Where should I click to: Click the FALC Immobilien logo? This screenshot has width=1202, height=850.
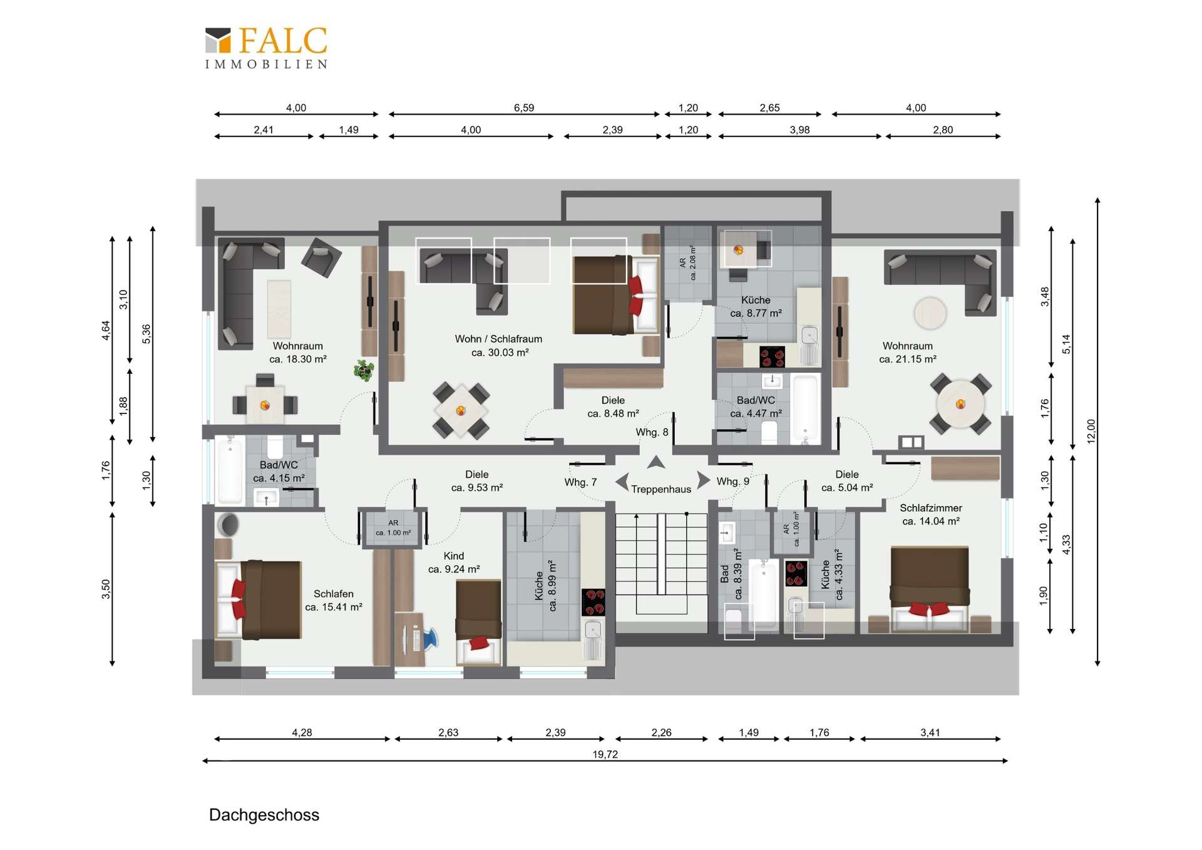point(266,48)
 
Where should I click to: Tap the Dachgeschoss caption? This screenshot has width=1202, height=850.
point(264,815)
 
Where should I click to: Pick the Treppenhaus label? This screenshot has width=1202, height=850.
point(661,489)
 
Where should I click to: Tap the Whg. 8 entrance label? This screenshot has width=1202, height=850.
point(652,432)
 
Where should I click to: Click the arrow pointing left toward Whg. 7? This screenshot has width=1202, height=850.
point(622,482)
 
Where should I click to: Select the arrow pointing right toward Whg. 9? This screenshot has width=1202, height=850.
point(704,480)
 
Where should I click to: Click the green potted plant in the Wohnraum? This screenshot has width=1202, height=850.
point(363,370)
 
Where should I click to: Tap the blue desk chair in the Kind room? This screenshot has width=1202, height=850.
point(430,638)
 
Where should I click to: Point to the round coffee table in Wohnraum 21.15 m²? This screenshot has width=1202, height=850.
point(930,313)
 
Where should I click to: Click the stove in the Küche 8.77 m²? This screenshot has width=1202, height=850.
point(772,356)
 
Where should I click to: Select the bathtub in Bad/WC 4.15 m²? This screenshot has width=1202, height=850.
point(229,470)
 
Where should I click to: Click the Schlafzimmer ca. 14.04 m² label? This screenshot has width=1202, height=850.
point(930,514)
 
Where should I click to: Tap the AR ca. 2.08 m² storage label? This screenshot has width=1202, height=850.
point(687,262)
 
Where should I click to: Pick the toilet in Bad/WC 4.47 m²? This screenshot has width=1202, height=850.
point(769,433)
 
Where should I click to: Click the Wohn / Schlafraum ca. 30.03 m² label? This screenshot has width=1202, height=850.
point(499,345)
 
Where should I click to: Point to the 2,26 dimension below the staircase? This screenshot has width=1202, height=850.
point(661,732)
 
